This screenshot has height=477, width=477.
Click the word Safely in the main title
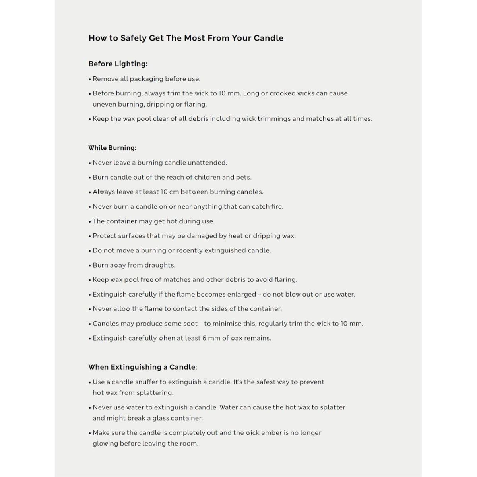(133, 38)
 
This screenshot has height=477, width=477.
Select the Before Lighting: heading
(118, 64)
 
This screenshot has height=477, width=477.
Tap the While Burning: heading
(112, 148)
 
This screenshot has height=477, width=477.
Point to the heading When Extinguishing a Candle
(142, 367)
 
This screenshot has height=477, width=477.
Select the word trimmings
(271, 118)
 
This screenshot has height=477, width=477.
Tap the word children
(207, 177)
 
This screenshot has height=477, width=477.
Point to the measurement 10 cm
(170, 192)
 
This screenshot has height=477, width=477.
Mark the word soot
(190, 324)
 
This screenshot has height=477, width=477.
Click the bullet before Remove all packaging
(90, 79)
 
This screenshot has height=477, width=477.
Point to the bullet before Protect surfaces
(90, 236)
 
